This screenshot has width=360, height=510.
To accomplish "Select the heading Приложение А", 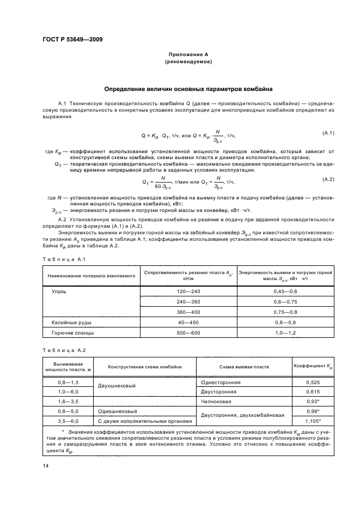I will click(188, 55).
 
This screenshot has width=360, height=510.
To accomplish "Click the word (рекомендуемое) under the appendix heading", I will click(188, 62).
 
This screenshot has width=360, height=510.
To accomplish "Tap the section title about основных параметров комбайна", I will click(188, 88).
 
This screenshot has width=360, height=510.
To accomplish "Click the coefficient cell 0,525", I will click(313, 382).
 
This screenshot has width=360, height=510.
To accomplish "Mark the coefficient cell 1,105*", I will click(313, 421).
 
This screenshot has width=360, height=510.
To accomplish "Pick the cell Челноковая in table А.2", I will click(216, 402).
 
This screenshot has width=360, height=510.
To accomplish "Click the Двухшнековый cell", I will click(115, 387).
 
